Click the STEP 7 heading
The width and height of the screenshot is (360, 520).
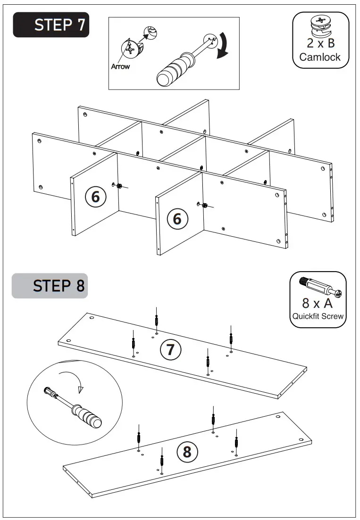pos(51,25)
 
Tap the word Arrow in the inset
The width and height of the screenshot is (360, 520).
pos(120,67)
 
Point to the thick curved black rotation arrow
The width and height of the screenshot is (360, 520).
pos(222,47)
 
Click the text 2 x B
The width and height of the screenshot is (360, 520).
pos(320,43)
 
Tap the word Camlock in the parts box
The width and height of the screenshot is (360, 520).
pos(320,58)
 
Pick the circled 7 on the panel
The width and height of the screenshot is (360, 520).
pos(170,349)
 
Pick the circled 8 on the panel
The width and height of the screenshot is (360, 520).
pos(187,452)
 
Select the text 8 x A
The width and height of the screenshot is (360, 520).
pos(318,303)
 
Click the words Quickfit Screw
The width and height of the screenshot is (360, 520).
pos(318,316)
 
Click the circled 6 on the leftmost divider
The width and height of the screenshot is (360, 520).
pos(95,197)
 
